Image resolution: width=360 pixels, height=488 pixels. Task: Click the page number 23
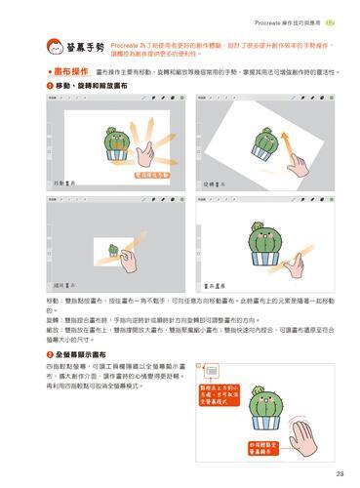tap(339, 474)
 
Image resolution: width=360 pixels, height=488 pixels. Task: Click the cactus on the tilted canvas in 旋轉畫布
tap(262, 139)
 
